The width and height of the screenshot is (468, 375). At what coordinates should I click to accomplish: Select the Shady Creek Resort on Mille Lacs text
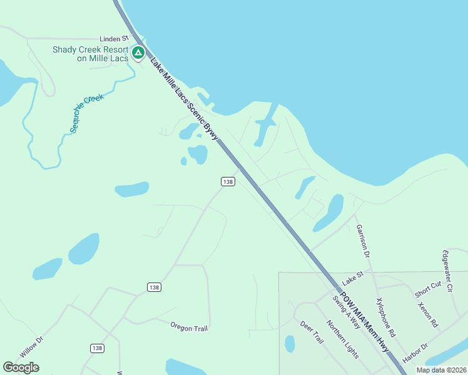pyautogui.click(x=91, y=54)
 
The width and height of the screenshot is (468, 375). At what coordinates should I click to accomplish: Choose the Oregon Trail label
pyautogui.click(x=189, y=327)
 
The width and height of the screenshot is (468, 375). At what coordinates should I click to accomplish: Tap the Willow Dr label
pyautogui.click(x=31, y=347)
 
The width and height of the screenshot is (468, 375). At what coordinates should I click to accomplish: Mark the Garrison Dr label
pyautogui.click(x=363, y=242)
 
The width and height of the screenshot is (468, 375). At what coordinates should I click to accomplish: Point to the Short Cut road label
pyautogui.click(x=428, y=289)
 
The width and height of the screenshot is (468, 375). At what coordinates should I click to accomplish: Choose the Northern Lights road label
pyautogui.click(x=342, y=339)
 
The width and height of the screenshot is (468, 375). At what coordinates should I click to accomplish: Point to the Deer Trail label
pyautogui.click(x=312, y=332)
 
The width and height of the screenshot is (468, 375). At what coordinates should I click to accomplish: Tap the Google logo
pyautogui.click(x=21, y=367)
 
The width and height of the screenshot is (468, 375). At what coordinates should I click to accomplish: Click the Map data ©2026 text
pyautogui.click(x=440, y=370)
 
